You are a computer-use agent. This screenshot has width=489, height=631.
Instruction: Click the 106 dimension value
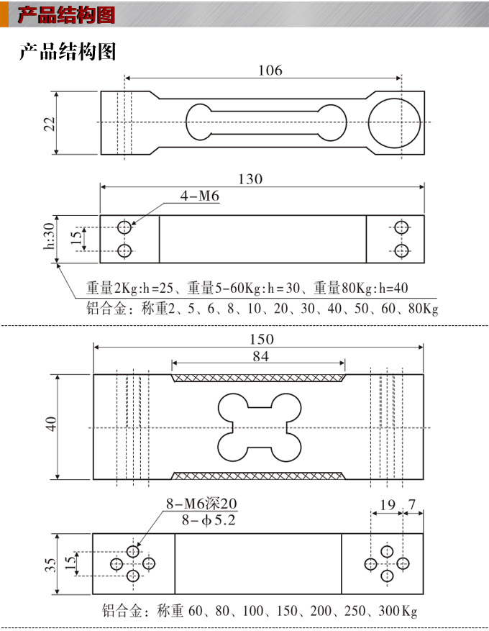(x=270, y=71)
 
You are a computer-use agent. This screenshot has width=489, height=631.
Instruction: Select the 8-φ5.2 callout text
(x=204, y=519)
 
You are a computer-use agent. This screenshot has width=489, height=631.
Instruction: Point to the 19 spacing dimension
(x=387, y=506)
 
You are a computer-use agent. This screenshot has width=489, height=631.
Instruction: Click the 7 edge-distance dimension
(x=412, y=506)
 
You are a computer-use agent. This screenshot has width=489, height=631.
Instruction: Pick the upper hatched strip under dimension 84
(x=258, y=378)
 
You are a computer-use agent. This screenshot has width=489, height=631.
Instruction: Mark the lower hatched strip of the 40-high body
(x=258, y=475)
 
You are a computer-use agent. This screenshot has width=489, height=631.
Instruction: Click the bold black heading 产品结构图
(x=67, y=52)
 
